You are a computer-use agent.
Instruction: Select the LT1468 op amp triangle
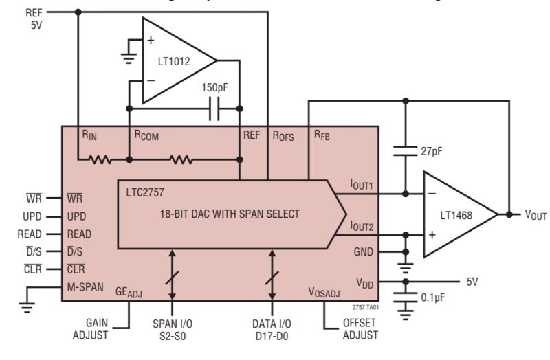pos(457,215)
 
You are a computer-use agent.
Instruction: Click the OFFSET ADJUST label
pos(360,328)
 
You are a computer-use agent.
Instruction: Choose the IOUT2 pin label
pos(361,226)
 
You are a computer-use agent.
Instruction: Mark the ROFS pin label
pos(283,135)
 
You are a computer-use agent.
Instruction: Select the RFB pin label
pos(321,135)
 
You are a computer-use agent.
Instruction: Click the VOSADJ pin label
pos(324,291)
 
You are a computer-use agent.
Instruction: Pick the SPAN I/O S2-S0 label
pos(171,328)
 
